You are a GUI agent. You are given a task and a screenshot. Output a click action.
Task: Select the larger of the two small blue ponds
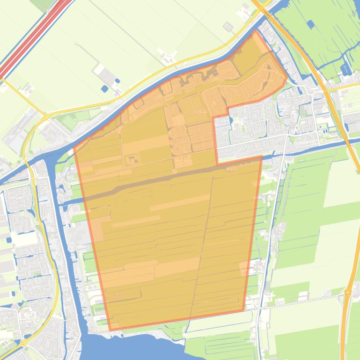104,88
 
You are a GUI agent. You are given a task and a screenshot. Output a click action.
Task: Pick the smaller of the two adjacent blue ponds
117,81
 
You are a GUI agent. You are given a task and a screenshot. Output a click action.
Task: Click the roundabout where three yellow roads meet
45,115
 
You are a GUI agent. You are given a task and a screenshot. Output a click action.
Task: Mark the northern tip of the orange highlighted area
256,32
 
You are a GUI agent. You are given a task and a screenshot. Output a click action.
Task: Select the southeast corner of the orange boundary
243,310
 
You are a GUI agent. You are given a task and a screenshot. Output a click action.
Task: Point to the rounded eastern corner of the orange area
286,79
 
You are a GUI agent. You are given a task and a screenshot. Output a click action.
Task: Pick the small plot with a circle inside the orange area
132,160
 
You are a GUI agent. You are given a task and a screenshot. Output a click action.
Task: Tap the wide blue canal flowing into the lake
66,257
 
